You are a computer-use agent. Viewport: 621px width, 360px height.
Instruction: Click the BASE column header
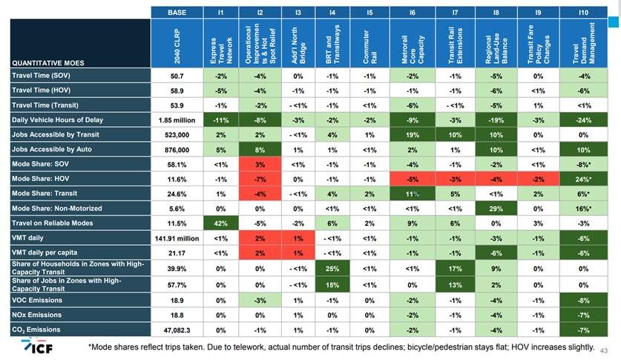click(177, 12)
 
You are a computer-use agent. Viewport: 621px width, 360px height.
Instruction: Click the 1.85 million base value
click(177, 119)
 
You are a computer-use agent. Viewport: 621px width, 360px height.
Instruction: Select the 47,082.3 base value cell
click(177, 329)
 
